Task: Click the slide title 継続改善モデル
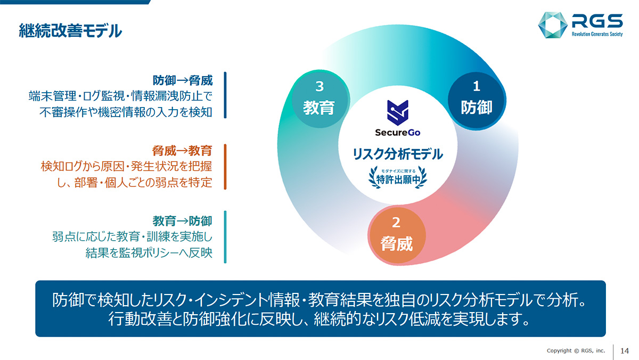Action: [x=70, y=31]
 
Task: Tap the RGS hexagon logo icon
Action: [x=553, y=25]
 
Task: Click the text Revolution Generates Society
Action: [x=597, y=34]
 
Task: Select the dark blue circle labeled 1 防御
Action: [x=476, y=101]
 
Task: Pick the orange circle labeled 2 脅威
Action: [x=397, y=235]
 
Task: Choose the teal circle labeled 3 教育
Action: [x=319, y=99]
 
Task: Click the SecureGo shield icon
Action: [x=398, y=113]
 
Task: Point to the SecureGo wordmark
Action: [x=398, y=133]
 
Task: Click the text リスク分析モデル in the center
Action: [x=398, y=154]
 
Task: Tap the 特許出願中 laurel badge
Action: [x=398, y=177]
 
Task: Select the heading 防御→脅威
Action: [x=183, y=80]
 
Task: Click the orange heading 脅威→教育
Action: [x=182, y=151]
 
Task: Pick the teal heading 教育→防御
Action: [x=182, y=221]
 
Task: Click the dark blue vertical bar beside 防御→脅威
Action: [x=225, y=95]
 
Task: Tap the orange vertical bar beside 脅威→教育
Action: [x=225, y=167]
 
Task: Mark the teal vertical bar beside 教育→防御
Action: [x=225, y=237]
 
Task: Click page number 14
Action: [x=625, y=351]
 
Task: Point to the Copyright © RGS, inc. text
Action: [x=576, y=350]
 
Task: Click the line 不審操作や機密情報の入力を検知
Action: [x=126, y=112]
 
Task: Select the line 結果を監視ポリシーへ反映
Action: [x=149, y=253]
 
